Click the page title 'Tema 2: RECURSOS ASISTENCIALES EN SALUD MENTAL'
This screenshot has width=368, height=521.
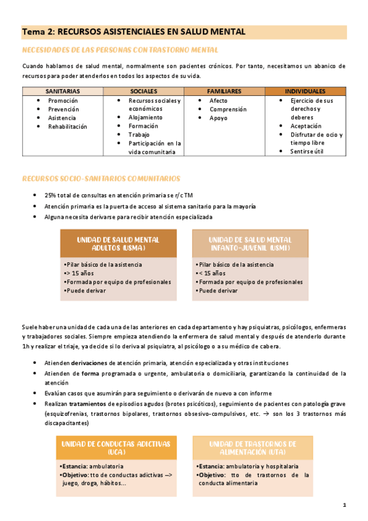click(x=133, y=31)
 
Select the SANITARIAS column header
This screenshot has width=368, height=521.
click(x=62, y=91)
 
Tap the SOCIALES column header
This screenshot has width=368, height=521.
click(x=144, y=91)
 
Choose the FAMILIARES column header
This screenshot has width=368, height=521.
click(x=224, y=91)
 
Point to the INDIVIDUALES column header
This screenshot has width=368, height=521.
click(x=305, y=91)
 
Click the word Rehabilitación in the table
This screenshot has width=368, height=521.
click(x=68, y=127)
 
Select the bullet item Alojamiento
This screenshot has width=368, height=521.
click(x=146, y=117)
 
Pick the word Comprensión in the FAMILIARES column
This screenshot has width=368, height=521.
click(x=228, y=109)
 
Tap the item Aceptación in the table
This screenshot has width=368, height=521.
click(x=310, y=126)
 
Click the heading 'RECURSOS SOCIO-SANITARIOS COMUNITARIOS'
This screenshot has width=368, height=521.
click(x=101, y=179)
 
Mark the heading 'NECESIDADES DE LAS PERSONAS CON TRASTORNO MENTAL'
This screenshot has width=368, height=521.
click(x=120, y=50)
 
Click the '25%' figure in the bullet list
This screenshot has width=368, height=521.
click(x=50, y=195)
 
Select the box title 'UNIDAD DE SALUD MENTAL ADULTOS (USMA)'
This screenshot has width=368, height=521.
click(x=117, y=243)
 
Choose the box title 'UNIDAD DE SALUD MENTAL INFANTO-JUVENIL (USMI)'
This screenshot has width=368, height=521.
click(x=249, y=243)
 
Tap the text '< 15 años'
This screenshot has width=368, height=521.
click(x=213, y=273)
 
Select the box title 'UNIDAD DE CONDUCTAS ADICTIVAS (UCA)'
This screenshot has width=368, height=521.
click(x=116, y=447)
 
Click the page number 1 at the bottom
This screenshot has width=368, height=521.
click(x=345, y=505)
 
